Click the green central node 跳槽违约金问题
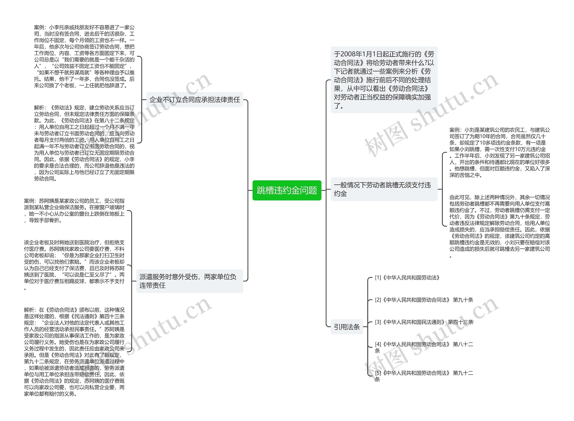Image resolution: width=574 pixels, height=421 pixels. click(287, 190)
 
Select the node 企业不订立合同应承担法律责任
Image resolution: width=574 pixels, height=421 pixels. click(195, 100)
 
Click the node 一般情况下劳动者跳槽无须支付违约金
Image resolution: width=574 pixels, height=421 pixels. click(384, 189)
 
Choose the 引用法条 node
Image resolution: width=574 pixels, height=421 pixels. click(347, 327)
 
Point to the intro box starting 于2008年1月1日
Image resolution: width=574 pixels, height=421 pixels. click(384, 80)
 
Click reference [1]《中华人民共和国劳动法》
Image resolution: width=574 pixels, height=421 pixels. click(407, 278)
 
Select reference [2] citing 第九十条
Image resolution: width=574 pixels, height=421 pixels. click(424, 300)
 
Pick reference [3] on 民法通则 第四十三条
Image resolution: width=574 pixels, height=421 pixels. click(424, 322)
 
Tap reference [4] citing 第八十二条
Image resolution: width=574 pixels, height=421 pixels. click(424, 347)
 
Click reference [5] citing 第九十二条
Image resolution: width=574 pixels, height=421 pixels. click(424, 376)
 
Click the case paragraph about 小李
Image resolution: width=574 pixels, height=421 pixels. click(84, 56)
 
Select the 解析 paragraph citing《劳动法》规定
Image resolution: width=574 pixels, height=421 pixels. click(84, 143)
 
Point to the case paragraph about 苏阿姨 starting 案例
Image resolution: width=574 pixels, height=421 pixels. click(74, 211)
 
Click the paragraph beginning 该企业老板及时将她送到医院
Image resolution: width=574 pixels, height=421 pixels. click(74, 265)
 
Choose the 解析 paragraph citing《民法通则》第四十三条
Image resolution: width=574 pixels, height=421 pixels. click(74, 352)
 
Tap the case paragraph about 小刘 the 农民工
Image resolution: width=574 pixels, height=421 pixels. click(499, 152)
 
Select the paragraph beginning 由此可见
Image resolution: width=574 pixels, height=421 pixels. click(499, 226)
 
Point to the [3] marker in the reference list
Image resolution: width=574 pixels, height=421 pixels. click(378, 322)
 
